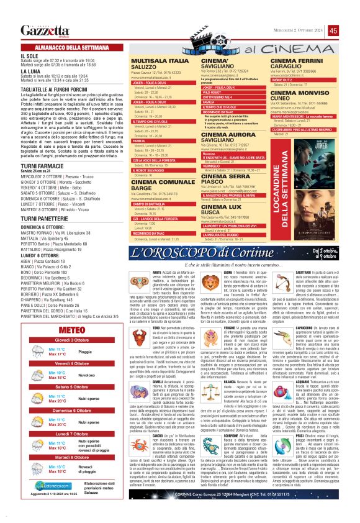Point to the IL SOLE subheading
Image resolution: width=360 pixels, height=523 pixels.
(x=28, y=55)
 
